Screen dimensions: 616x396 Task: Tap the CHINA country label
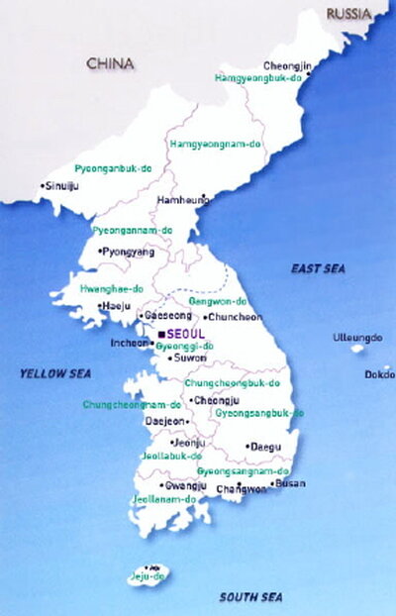point(109,63)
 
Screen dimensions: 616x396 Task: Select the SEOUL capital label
point(186,334)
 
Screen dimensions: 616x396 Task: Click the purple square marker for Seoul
point(160,335)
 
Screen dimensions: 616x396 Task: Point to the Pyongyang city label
point(130,253)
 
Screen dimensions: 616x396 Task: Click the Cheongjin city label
point(286,66)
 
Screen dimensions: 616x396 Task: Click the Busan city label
point(290,483)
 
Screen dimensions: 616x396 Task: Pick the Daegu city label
point(264,447)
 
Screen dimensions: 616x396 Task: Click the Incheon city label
point(130,345)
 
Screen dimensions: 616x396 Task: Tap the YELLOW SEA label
point(49,373)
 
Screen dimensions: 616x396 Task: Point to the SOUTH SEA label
point(250,596)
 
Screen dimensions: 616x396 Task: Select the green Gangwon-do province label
point(216,299)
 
